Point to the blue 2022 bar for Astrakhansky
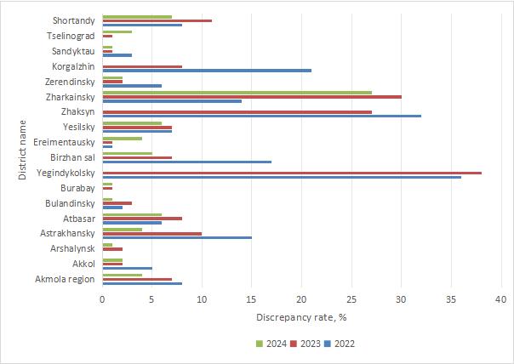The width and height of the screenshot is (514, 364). (176, 237)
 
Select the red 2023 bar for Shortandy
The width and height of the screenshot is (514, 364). (157, 20)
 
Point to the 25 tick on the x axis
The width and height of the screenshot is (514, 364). (351, 299)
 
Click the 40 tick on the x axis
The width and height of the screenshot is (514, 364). (500, 299)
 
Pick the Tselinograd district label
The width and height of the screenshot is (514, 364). (71, 36)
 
